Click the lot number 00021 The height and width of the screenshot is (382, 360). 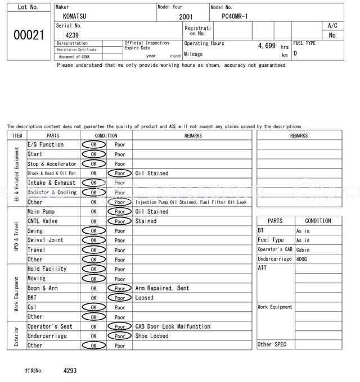point(28,35)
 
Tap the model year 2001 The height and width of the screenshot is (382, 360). point(186,17)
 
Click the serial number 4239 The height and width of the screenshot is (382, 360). point(72,35)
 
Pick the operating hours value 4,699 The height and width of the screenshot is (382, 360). point(266,46)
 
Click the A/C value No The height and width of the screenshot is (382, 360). point(332,35)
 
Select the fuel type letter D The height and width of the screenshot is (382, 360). point(295,53)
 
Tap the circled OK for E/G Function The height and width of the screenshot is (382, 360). point(93,144)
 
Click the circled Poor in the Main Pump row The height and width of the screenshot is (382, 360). point(119,212)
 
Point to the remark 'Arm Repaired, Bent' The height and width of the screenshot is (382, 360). point(162,288)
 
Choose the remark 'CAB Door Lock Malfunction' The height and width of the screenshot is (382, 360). point(173,326)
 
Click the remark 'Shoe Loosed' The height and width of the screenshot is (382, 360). point(152,336)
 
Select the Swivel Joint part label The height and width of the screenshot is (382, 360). point(46,240)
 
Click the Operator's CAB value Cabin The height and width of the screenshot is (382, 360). point(303,249)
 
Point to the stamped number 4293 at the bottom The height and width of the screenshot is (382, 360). point(70,371)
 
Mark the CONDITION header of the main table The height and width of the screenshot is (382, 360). point(106,135)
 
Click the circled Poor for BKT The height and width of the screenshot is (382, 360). point(119,298)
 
